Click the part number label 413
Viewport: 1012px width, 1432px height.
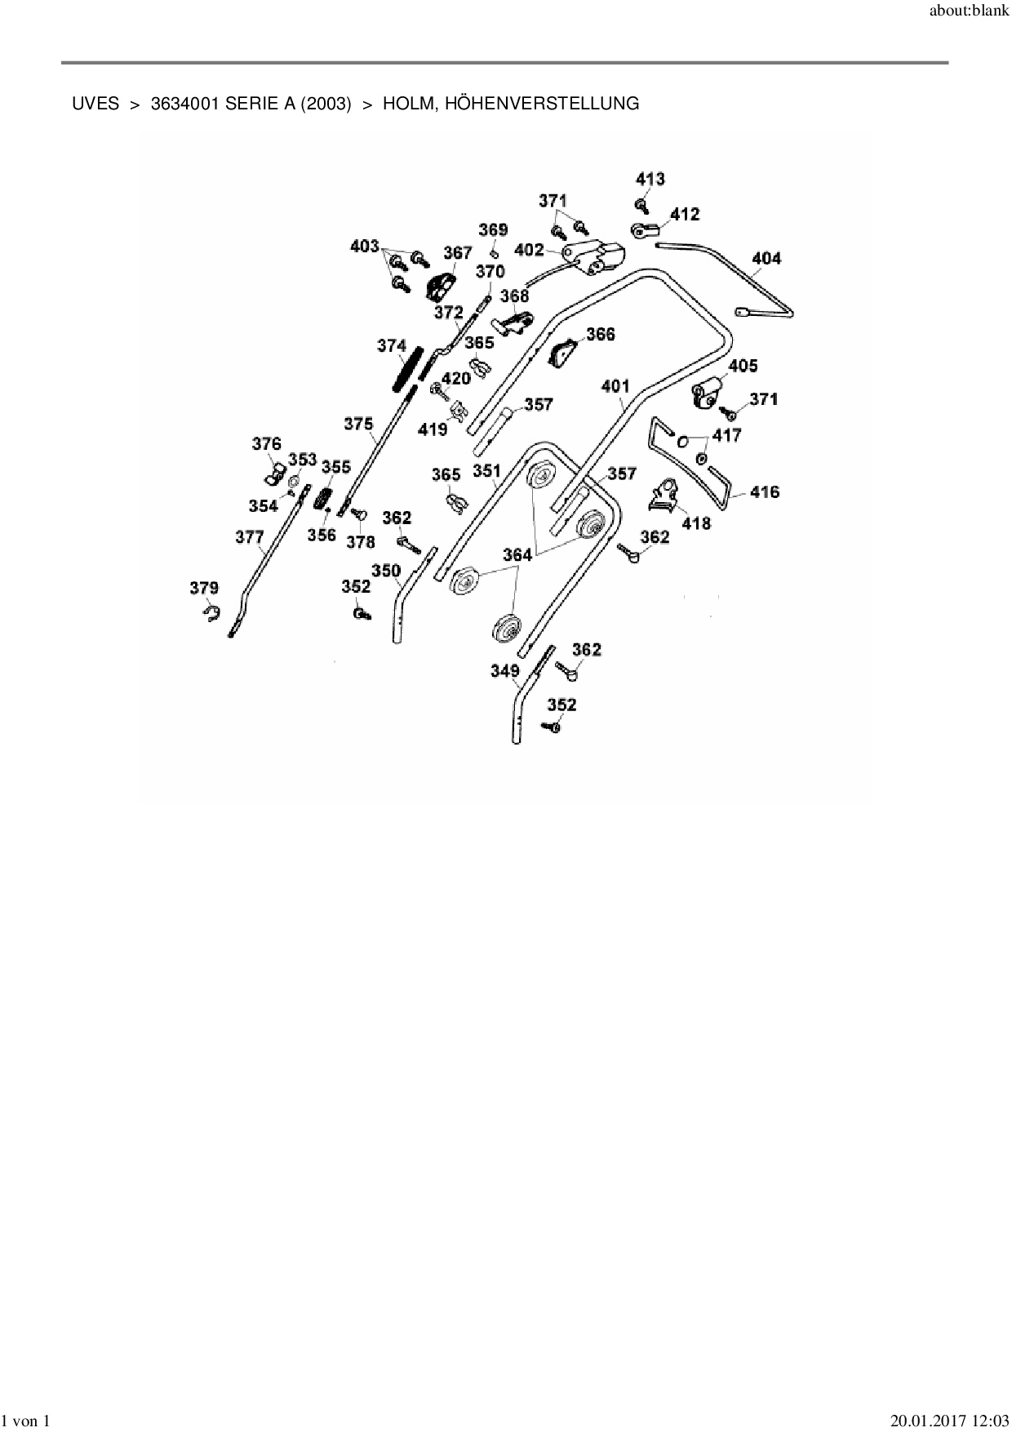click(x=650, y=179)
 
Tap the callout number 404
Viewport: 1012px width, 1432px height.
click(x=766, y=258)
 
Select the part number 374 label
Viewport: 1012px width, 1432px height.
click(x=392, y=346)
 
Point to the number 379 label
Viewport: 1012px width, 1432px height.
click(x=204, y=588)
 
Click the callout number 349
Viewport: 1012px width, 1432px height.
click(x=505, y=671)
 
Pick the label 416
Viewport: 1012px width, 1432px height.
click(x=765, y=491)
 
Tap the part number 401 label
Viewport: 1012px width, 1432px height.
click(x=615, y=385)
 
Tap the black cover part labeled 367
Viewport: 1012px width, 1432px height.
click(x=442, y=282)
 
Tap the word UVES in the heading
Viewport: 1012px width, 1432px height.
click(x=95, y=104)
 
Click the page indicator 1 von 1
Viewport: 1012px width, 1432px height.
click(x=27, y=1421)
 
